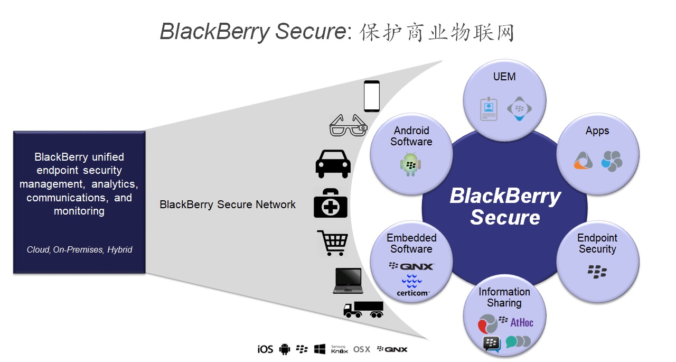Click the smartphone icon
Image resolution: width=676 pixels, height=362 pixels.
point(372,96)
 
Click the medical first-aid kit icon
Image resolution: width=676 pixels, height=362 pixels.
point(331,203)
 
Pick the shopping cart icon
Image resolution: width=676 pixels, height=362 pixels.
point(332,243)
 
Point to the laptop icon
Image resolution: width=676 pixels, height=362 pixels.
point(348,281)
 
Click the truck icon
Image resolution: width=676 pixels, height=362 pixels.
point(363,309)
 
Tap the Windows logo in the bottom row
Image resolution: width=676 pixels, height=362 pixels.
point(320,349)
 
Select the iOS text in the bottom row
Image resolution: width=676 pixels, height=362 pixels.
point(265,349)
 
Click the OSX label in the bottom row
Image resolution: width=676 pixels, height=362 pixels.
point(362,349)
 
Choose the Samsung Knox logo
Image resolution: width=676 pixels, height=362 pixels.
point(339,349)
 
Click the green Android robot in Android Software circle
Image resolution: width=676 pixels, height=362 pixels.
point(410,164)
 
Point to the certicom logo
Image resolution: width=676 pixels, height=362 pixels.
point(412,286)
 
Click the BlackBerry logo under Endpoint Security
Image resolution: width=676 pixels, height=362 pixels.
point(597,272)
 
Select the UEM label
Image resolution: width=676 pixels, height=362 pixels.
point(504,77)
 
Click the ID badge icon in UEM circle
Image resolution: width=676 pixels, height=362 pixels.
point(489,109)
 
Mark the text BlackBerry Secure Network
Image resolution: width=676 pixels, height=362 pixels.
point(228,205)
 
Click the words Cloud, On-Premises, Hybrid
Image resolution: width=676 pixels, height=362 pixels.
point(79,249)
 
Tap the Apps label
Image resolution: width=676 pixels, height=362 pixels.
point(597,131)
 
